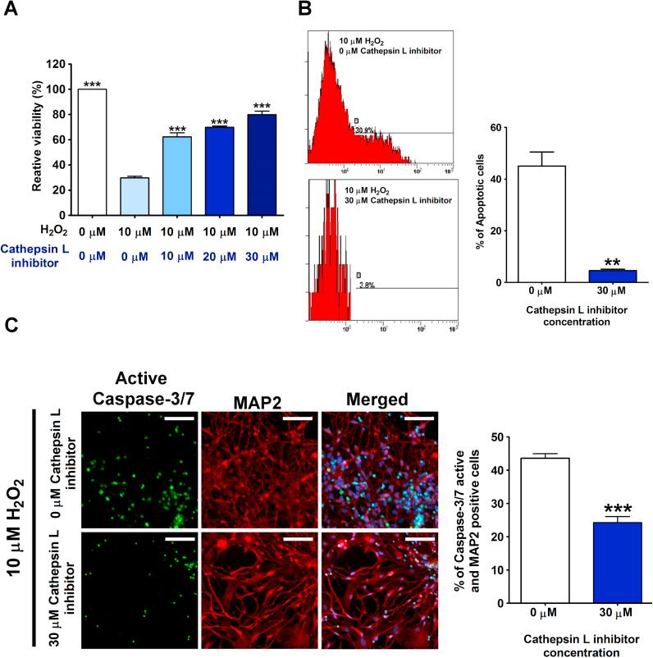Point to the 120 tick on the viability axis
(56, 64)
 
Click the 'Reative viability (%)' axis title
(37, 139)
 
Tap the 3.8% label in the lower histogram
(367, 285)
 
